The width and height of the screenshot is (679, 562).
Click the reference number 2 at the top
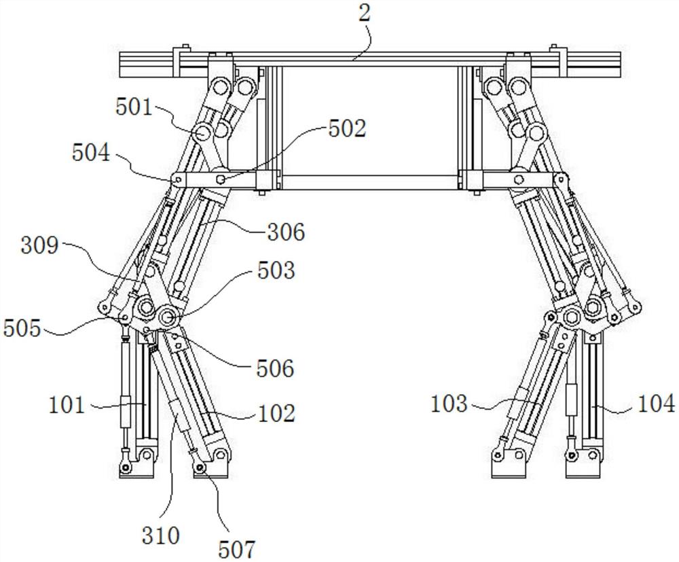(x=365, y=15)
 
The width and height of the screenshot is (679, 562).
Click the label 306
(x=286, y=232)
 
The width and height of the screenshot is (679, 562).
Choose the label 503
(x=276, y=270)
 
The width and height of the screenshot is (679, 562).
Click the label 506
(x=275, y=369)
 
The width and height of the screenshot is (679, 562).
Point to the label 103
(x=449, y=404)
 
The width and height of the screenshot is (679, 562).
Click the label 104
(x=657, y=404)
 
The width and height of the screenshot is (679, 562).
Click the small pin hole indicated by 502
(x=221, y=179)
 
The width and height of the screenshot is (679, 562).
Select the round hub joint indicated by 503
(x=168, y=316)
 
